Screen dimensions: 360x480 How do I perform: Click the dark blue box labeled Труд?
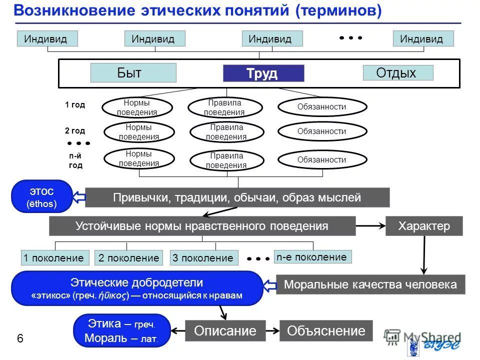tap(263, 73)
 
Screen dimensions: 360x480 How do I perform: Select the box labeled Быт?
tap(133, 73)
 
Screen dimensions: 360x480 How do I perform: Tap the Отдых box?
tap(397, 73)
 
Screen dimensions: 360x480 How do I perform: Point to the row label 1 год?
tap(75, 105)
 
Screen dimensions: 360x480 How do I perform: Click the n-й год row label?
tap(75, 160)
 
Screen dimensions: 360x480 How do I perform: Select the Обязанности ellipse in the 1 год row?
tap(322, 106)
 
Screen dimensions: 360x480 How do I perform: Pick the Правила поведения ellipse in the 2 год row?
tap(226, 132)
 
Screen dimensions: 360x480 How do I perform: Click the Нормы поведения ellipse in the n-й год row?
tap(139, 158)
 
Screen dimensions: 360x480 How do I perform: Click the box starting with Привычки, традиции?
tap(237, 197)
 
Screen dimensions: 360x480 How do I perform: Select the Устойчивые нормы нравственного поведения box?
tap(202, 226)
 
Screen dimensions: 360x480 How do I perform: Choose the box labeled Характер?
tap(424, 226)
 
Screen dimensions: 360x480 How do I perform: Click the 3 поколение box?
tap(203, 258)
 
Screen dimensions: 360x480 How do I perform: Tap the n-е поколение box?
tap(312, 257)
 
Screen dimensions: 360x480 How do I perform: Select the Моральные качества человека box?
tap(370, 284)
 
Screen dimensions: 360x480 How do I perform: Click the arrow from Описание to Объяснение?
tap(272, 331)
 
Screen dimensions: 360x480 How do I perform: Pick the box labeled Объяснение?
tap(326, 331)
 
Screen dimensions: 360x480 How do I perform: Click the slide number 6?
tap(20, 339)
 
